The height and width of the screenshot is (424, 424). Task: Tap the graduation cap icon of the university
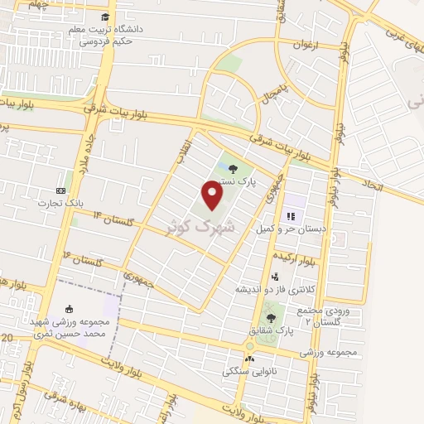105,17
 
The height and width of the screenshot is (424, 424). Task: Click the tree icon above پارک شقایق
271,317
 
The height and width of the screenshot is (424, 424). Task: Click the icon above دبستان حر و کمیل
291,214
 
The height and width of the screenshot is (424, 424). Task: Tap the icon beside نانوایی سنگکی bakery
248,359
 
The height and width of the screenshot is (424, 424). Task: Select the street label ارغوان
305,45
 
